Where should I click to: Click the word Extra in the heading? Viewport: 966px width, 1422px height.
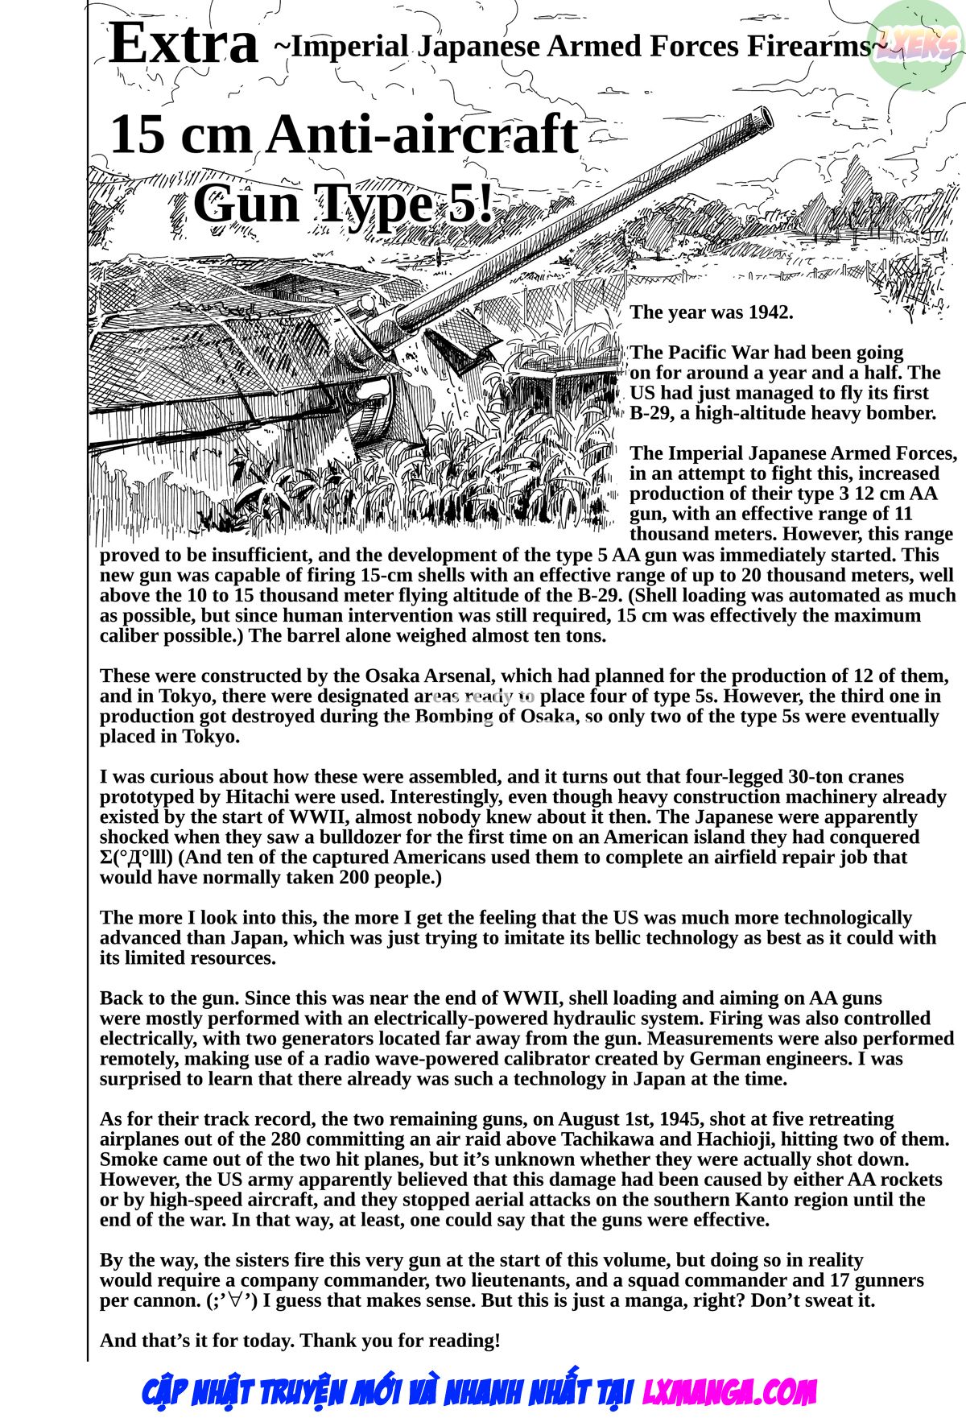[183, 44]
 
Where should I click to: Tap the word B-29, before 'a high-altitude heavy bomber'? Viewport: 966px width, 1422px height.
[650, 414]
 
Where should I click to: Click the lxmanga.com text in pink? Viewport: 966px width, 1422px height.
[729, 1392]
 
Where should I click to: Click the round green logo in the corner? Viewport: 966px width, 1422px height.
[917, 44]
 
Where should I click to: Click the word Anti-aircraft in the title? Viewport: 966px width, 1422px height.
[423, 134]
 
